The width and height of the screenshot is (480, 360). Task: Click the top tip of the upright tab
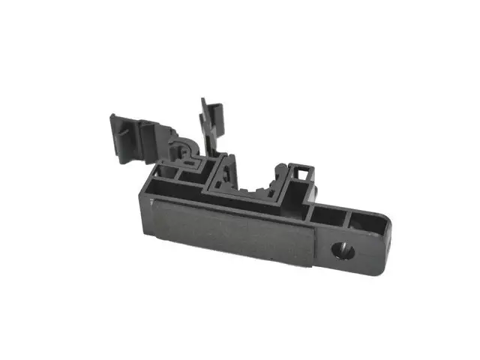pos(203,101)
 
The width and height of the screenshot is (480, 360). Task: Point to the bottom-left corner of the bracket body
pos(149,228)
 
